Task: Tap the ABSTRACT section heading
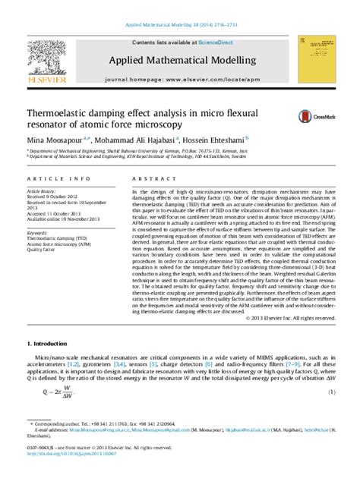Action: (x=150, y=179)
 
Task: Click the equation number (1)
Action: (x=331, y=392)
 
